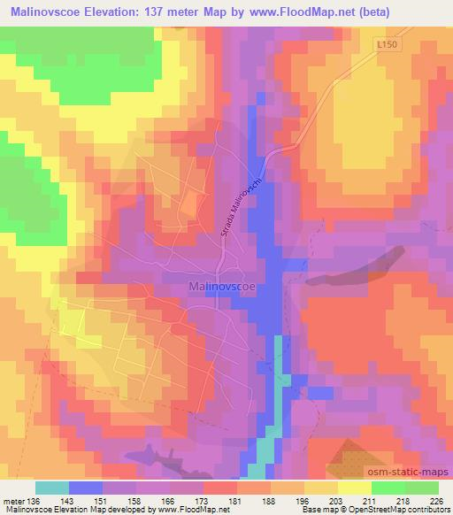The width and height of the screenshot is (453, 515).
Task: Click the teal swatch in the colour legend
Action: pyautogui.click(x=52, y=488)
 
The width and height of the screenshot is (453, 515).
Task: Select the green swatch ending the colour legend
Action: pyautogui.click(x=422, y=488)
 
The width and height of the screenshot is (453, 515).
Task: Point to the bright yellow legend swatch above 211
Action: pyautogui.click(x=355, y=488)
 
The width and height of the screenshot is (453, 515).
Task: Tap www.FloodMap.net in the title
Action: pyautogui.click(x=337, y=9)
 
